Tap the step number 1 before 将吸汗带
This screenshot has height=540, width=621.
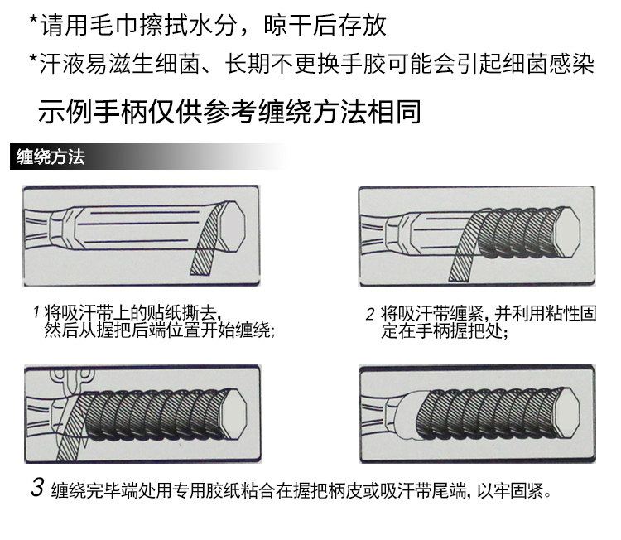[36, 313]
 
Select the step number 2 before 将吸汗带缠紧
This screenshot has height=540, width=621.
[370, 314]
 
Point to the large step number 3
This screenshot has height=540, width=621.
[37, 486]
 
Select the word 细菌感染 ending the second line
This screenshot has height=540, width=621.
[547, 65]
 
